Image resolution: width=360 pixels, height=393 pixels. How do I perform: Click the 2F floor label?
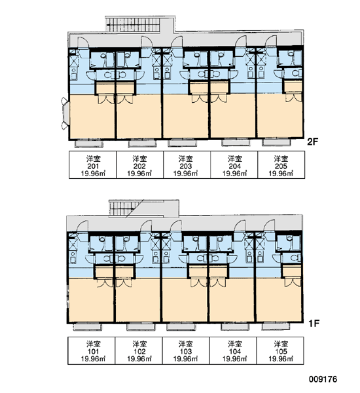coord(312,142)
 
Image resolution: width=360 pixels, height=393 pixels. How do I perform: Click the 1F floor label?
coord(314,324)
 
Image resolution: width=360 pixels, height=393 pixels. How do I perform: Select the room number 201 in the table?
coord(93,166)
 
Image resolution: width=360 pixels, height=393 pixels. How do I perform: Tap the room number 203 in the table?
coord(186,166)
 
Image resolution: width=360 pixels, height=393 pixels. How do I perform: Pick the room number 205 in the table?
coord(281,166)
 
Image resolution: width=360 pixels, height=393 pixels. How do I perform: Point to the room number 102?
coord(139,351)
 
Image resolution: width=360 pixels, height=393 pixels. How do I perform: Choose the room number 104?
coord(234,351)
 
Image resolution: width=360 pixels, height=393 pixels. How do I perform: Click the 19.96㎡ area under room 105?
coord(281,359)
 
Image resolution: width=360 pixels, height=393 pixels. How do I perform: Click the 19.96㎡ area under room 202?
coord(139,174)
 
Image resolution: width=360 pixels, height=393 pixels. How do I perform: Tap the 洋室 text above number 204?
coord(235,159)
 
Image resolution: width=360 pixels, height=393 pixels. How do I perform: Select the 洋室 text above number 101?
coord(93,344)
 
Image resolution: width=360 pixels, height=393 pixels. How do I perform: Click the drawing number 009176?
coord(323,379)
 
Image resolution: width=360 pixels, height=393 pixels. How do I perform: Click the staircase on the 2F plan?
coord(132,25)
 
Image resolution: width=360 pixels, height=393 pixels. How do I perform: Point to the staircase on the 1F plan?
coord(123,208)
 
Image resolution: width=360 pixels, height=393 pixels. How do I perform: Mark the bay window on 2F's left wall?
coord(65,113)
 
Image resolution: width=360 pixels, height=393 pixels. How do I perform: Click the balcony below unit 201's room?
coord(89,143)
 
